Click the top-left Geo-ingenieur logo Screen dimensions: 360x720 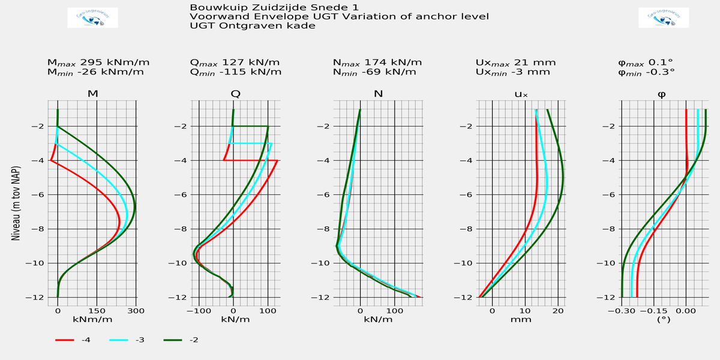93,18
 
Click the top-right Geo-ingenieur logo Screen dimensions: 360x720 664,18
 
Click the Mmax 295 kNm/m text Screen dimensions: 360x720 98,62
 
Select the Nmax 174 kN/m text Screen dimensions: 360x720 377,62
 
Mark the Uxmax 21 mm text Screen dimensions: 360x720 515,62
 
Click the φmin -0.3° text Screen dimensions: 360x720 646,72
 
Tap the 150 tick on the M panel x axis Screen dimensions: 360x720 97,311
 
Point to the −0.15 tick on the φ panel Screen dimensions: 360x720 653,311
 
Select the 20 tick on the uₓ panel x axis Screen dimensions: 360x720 558,311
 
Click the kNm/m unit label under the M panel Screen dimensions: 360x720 92,320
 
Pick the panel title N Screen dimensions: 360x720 378,94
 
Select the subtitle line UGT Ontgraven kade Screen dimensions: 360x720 252,26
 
